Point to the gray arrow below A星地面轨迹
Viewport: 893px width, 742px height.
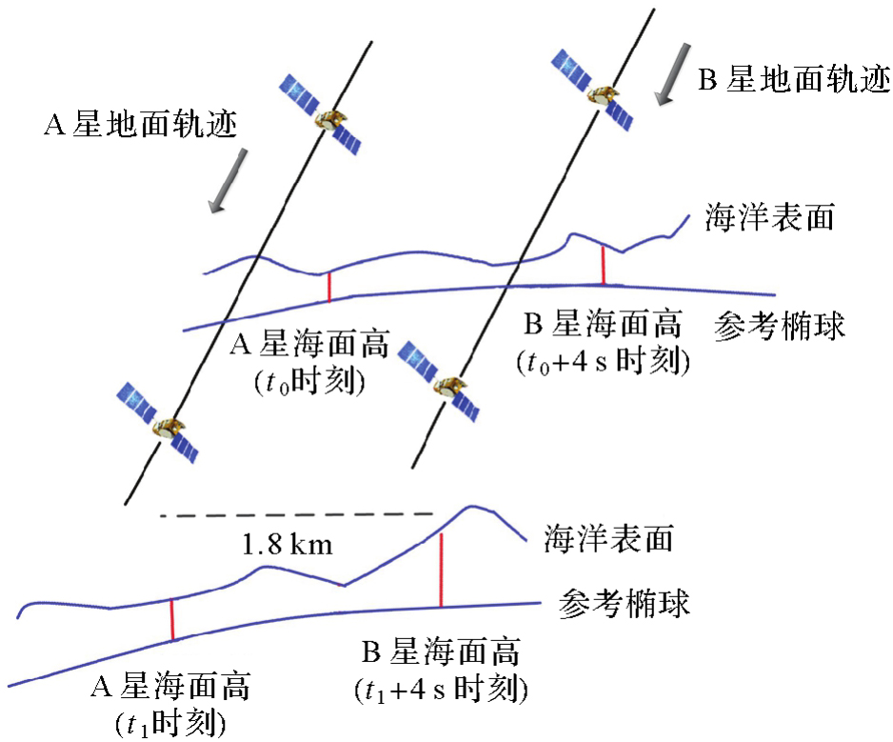tap(230, 178)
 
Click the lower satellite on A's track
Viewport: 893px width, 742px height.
tap(157, 423)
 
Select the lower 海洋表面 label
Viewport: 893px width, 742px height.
tap(609, 540)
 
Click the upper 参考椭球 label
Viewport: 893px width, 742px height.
tap(780, 329)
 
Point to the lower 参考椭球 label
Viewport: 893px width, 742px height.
tap(625, 604)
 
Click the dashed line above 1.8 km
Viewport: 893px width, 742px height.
tap(296, 516)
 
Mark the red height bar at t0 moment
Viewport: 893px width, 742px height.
tap(329, 287)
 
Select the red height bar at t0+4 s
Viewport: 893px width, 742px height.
tap(603, 264)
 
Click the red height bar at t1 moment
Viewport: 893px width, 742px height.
tap(172, 619)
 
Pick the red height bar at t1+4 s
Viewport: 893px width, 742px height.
tap(442, 570)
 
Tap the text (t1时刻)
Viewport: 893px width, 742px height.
tap(174, 722)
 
